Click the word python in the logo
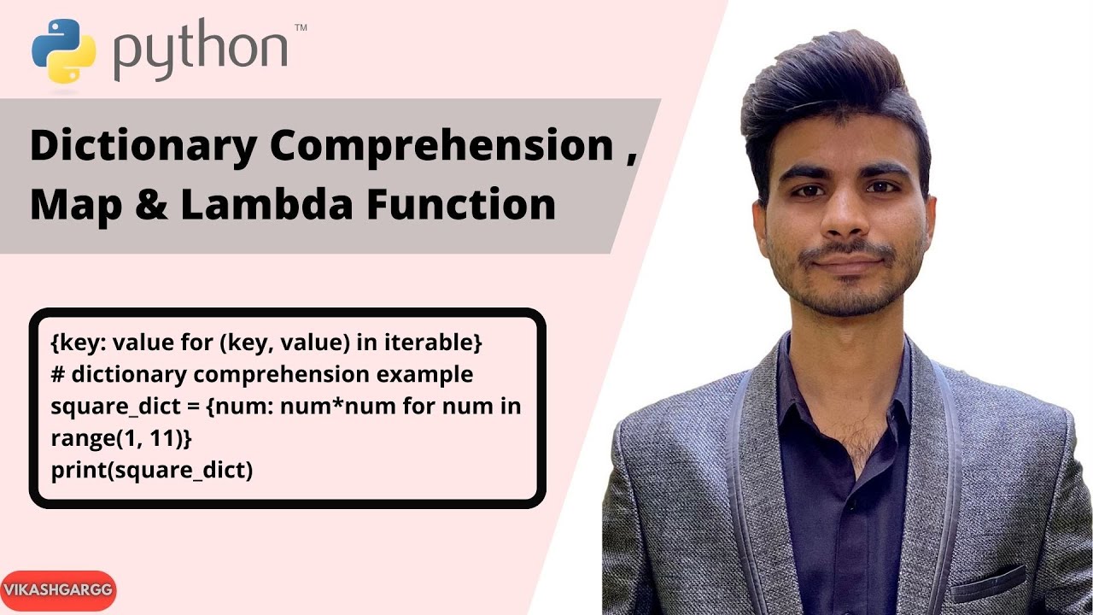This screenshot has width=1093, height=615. (x=201, y=51)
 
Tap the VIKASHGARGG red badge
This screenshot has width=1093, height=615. (x=58, y=590)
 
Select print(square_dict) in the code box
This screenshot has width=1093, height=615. (x=152, y=470)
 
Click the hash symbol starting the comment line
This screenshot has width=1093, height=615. (x=57, y=374)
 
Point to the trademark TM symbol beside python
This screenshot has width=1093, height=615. (x=300, y=28)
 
